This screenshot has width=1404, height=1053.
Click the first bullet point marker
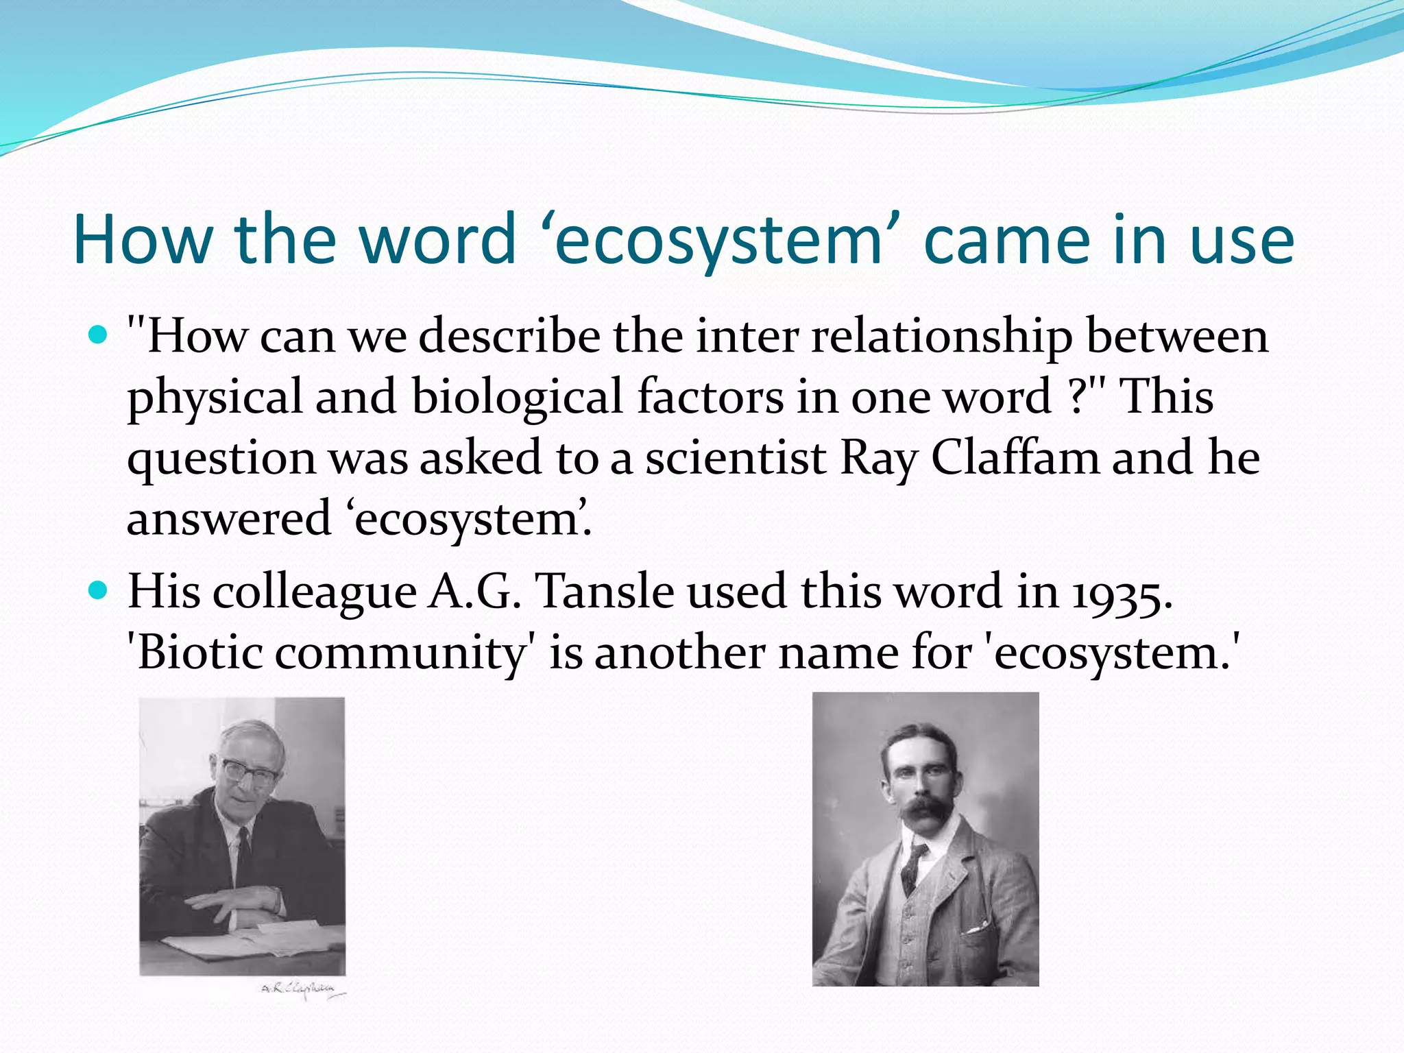click(x=99, y=336)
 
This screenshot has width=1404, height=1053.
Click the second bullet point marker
click(x=99, y=590)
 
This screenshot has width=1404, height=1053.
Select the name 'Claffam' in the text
click(x=1015, y=458)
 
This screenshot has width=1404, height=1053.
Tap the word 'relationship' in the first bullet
click(x=941, y=337)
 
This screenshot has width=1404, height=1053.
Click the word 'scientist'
click(x=735, y=458)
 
